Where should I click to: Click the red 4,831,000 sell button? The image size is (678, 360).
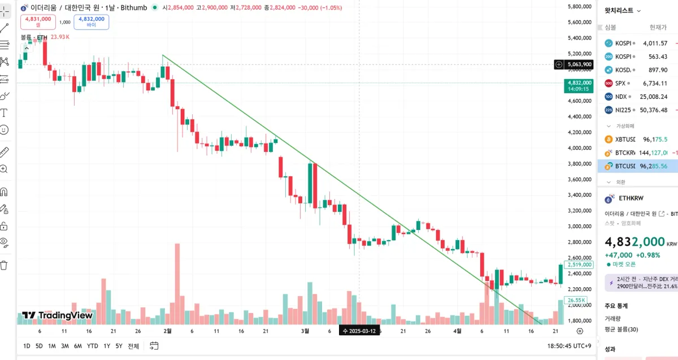[x=38, y=21]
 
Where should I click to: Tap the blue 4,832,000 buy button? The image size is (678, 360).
[x=91, y=21]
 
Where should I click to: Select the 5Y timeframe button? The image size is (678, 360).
[x=119, y=346]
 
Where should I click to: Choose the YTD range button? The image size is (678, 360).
[x=92, y=346]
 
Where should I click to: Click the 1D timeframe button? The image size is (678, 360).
[x=27, y=346]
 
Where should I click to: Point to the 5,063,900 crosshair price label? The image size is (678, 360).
[x=579, y=64]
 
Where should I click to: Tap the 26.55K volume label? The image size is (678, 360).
[x=576, y=300]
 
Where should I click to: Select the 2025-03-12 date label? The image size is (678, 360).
[x=358, y=331]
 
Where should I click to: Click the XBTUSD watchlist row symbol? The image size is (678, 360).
[x=625, y=139]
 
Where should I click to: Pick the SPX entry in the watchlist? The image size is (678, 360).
[x=620, y=83]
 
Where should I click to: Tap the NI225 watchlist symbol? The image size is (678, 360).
[x=624, y=110]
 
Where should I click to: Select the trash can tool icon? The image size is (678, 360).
[x=5, y=265]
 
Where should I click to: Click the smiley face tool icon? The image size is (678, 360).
[x=5, y=130]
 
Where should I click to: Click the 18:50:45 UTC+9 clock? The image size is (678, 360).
[x=569, y=346]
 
